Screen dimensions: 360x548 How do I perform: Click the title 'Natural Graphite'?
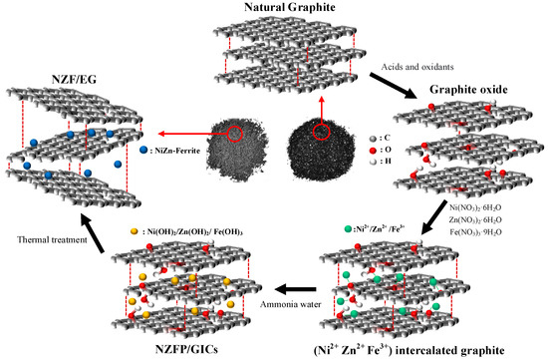(x=274, y=8)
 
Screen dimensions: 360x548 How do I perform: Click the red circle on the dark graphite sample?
(x=321, y=129)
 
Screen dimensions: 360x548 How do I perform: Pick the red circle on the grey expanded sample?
(x=234, y=134)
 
